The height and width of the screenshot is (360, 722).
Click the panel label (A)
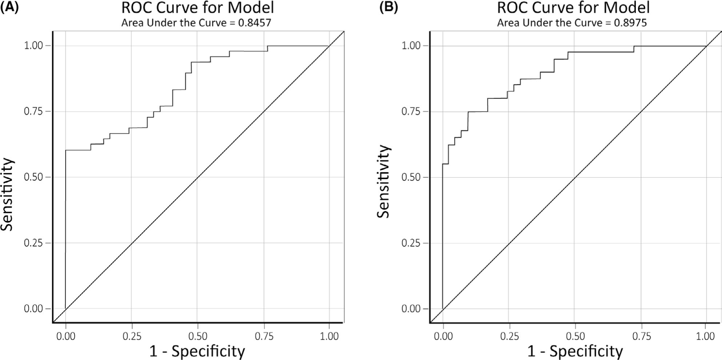tap(9, 7)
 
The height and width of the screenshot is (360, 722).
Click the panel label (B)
tap(388, 7)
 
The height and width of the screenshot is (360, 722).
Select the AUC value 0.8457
tap(254, 23)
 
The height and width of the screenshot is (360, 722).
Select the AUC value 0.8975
tap(630, 23)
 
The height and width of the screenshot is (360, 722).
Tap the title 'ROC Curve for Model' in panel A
tap(197, 8)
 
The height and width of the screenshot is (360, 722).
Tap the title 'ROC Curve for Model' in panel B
tap(573, 8)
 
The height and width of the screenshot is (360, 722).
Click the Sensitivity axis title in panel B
tap(383, 181)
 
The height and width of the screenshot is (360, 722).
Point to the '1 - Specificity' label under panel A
tap(197, 351)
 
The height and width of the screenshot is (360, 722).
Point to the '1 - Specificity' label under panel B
tap(575, 351)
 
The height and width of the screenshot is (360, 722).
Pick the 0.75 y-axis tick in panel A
tap(33, 111)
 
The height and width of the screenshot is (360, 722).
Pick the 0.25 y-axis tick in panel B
tap(411, 243)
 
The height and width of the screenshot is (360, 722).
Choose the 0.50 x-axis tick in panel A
tap(197, 336)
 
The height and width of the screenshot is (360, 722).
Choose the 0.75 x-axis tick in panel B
tap(641, 336)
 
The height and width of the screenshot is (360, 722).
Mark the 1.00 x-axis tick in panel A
tap(329, 336)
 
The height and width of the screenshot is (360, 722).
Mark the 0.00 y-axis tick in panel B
tap(411, 309)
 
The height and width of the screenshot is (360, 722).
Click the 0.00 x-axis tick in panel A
tap(66, 336)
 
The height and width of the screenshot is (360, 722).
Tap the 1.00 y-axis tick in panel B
tap(411, 46)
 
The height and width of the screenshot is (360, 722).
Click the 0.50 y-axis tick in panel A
tap(33, 177)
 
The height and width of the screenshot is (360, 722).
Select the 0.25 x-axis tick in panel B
tap(509, 336)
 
